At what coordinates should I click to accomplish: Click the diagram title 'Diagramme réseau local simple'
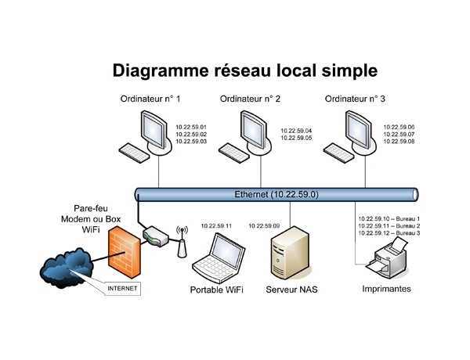pos(245,70)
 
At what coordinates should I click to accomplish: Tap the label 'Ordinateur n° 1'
pos(150,99)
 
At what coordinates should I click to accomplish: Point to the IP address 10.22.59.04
pos(295,131)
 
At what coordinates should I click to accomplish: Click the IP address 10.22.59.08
pos(399,142)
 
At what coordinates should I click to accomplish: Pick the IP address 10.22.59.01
pos(190,127)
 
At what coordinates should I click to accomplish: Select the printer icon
pos(389,259)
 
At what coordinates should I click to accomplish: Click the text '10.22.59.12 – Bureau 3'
pos(389,233)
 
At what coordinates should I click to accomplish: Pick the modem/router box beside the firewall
pos(157,236)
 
